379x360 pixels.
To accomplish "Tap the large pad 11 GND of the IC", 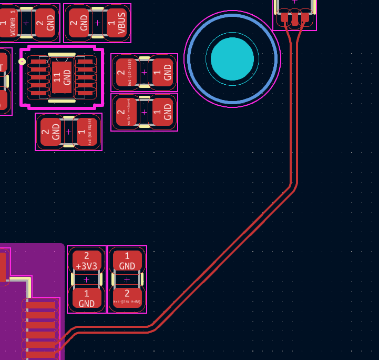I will pyautogui.click(x=62, y=76).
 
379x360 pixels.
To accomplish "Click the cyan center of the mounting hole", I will pyautogui.click(x=232, y=59).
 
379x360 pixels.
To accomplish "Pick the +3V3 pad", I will pyautogui.click(x=87, y=261).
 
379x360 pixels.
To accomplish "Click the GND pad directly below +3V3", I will pyautogui.click(x=87, y=298).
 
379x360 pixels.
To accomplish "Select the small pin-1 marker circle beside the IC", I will pyautogui.click(x=22, y=62).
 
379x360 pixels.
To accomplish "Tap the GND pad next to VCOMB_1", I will pyautogui.click(x=46, y=23).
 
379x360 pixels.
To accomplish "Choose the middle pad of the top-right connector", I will pyautogui.click(x=295, y=17).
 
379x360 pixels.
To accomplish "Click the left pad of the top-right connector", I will pyautogui.click(x=284, y=17).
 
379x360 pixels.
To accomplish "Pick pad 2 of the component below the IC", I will pyautogui.click(x=50, y=132).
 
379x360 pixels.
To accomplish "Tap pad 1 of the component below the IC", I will pyautogui.click(x=87, y=132).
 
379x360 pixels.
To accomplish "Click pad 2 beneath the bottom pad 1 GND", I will pyautogui.click(x=127, y=298).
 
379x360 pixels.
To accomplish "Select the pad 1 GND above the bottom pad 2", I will pyautogui.click(x=127, y=261).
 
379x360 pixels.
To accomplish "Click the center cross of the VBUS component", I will pyautogui.click(x=97, y=23).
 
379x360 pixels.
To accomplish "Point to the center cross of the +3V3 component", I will pyautogui.click(x=87, y=279).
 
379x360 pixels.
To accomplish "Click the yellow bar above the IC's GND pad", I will pyautogui.click(x=62, y=54).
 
